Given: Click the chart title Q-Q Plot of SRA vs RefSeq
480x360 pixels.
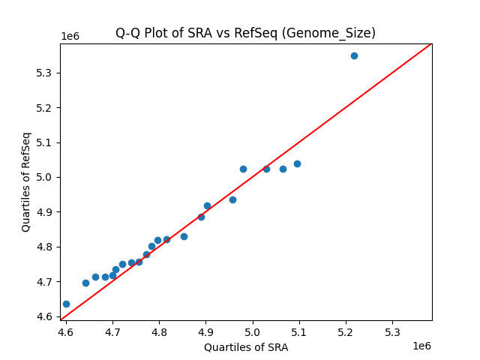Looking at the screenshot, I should [x=245, y=33].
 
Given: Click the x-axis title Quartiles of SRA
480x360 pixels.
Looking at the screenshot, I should [x=245, y=347].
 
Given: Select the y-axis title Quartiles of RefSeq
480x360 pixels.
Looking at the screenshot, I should [x=26, y=181].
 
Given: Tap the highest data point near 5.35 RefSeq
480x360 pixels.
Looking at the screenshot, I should [x=354, y=55].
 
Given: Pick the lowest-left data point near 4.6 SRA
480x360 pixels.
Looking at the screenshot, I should [x=66, y=304].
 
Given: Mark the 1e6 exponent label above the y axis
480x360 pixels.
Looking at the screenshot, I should [x=70, y=37].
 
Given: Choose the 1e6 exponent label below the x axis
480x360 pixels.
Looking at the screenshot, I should [x=421, y=346].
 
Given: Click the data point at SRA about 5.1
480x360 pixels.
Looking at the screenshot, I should [x=297, y=163].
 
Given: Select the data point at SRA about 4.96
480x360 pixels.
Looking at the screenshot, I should [x=232, y=199].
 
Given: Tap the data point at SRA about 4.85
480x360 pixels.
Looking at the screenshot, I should [x=184, y=236].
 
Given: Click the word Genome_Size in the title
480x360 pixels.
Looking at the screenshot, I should [x=337, y=33].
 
